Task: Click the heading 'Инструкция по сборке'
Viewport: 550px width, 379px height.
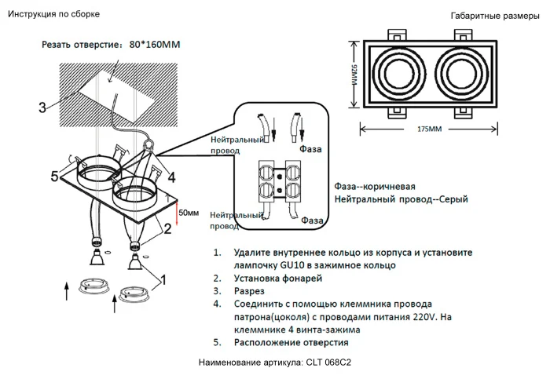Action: (54, 14)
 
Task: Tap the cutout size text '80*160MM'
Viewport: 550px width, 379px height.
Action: (154, 45)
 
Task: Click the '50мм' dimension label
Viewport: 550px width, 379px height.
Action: (189, 213)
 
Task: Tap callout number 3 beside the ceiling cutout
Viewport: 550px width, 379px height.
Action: (42, 107)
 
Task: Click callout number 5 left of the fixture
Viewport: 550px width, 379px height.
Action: (54, 177)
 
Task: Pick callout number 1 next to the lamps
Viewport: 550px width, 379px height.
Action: (163, 279)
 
